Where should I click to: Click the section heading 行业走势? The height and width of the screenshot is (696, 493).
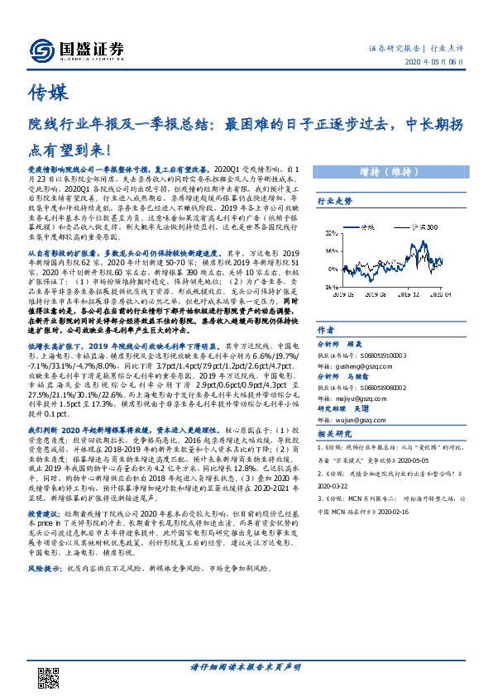tap(335, 201)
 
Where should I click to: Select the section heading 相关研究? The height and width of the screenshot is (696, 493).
tap(335, 435)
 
